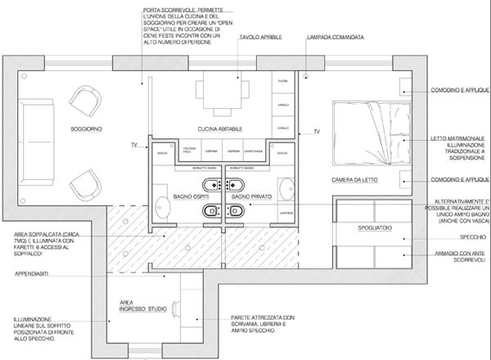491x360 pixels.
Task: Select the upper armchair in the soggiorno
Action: [84, 103]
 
